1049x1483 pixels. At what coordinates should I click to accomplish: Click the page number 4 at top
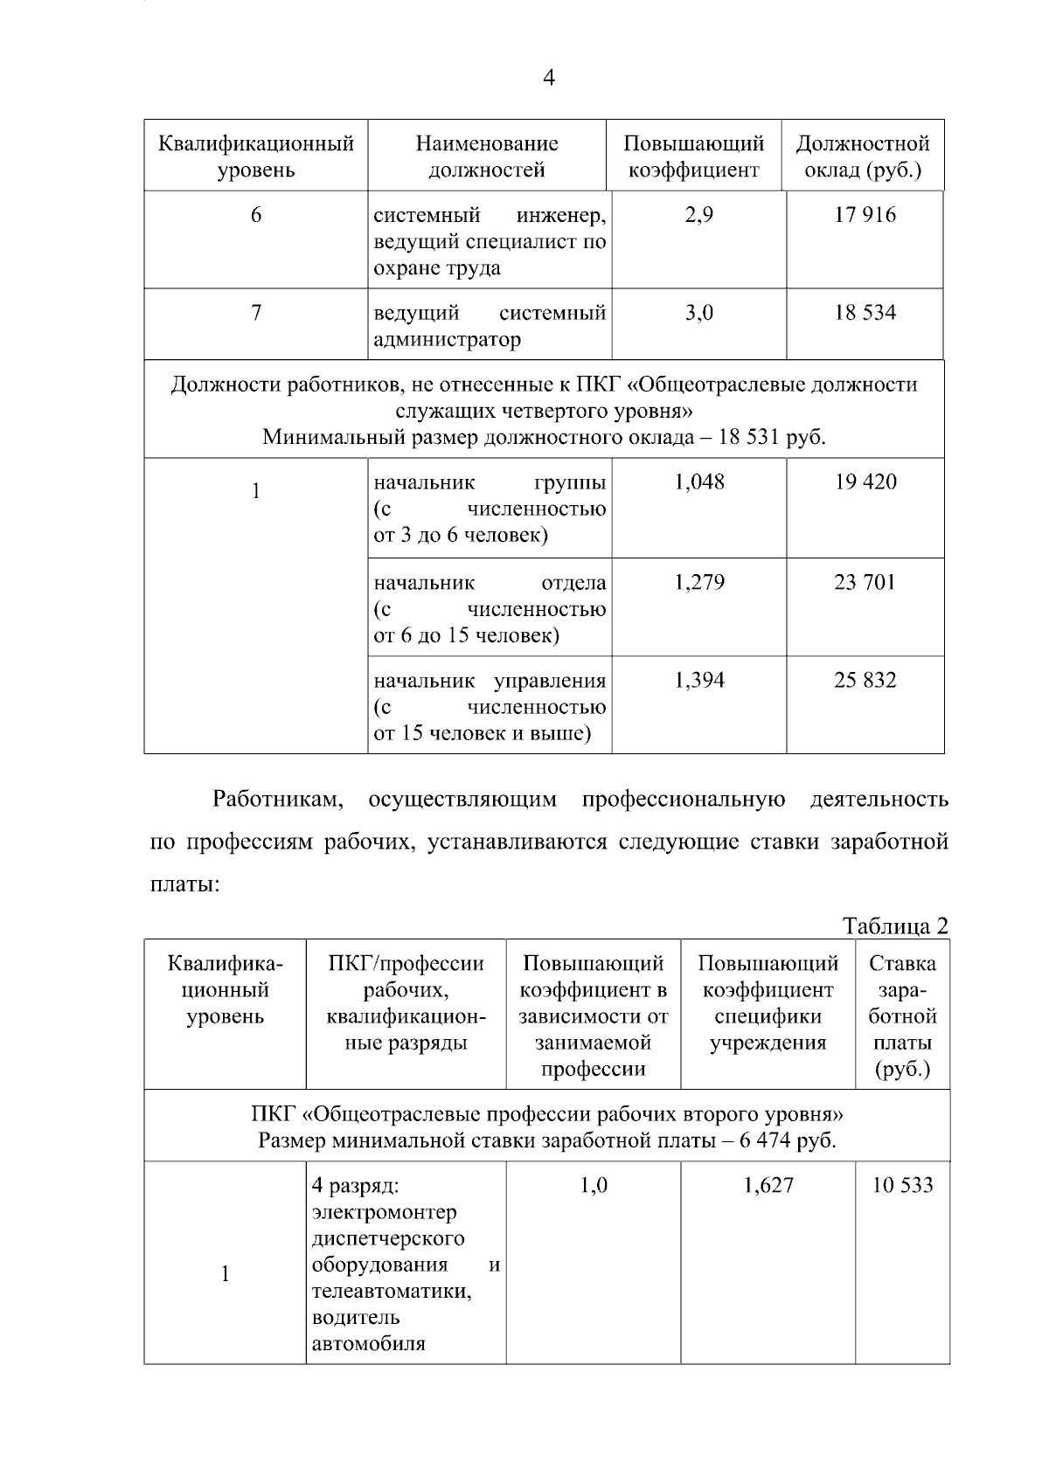point(548,78)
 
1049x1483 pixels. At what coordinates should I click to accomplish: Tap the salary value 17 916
point(865,215)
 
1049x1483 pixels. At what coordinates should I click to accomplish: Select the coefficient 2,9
point(698,215)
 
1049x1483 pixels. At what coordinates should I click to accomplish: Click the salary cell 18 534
point(865,313)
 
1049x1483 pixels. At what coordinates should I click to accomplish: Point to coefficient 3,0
point(698,313)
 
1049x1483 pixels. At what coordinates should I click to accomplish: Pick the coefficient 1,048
point(698,482)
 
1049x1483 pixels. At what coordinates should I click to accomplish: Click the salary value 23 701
point(865,582)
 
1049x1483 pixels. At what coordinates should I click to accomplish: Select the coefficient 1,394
point(698,680)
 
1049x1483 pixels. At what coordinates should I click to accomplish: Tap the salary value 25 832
point(865,680)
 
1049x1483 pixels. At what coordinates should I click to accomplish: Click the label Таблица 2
point(895,926)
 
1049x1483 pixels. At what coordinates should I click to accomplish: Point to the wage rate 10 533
point(902,1185)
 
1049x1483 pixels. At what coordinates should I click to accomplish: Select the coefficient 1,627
point(768,1185)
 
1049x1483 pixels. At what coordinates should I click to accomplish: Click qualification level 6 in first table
point(255,215)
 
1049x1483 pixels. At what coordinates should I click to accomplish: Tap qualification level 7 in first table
point(255,313)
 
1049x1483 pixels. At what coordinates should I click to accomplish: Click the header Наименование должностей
point(487,156)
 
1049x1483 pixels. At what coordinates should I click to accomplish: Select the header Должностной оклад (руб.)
point(863,156)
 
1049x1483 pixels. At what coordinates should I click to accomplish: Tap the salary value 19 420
point(865,482)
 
